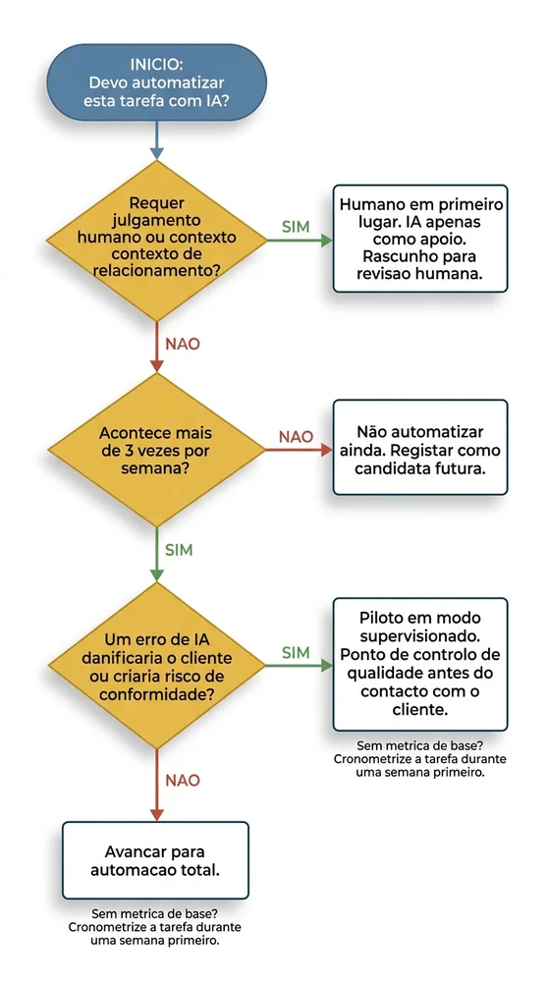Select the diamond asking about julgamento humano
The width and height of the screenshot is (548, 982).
[x=156, y=237]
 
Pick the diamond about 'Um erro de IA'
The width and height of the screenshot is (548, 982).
[x=156, y=667]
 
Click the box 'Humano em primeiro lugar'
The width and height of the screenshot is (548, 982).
[x=420, y=239]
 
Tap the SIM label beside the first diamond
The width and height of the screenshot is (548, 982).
[x=296, y=226]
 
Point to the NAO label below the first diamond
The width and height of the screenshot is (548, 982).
[x=183, y=345]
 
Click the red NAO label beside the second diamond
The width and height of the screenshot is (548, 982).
[x=296, y=436]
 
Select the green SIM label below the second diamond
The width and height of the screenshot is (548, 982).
[x=179, y=548]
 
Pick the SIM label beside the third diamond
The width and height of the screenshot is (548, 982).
[x=296, y=652]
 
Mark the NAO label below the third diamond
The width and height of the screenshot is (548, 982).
[x=183, y=780]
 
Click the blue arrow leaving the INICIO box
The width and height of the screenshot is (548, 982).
[x=156, y=140]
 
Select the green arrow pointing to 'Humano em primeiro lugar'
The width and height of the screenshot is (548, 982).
[x=300, y=239]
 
